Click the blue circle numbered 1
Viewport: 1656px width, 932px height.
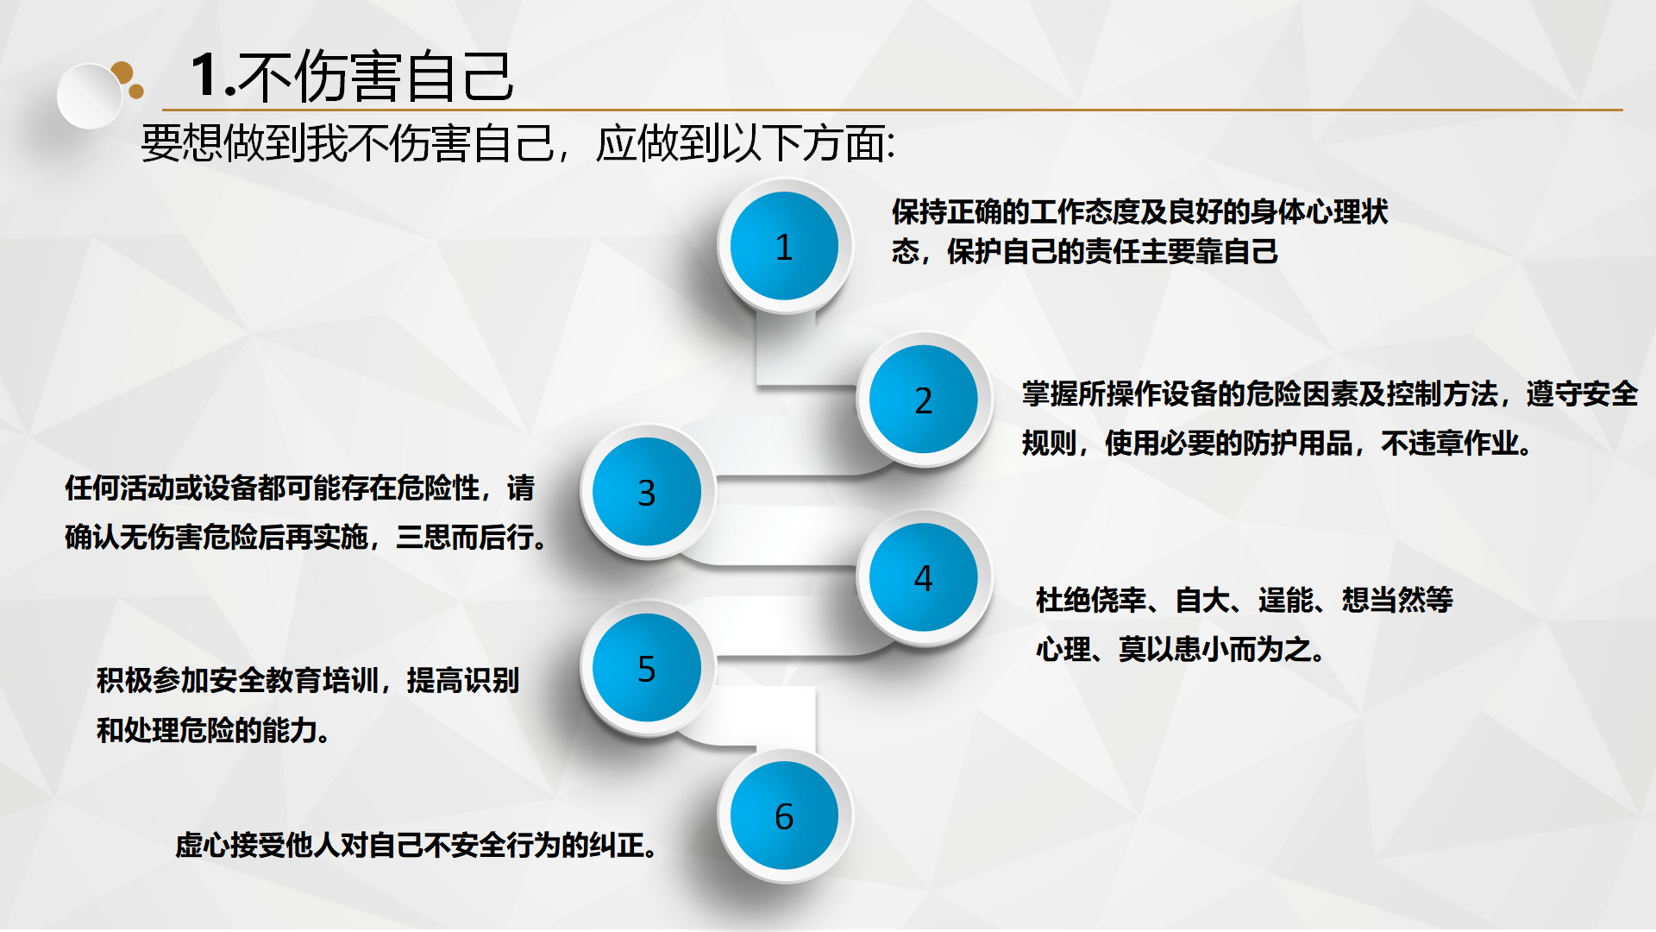tap(784, 246)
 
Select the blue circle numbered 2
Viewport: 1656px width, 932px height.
tap(923, 400)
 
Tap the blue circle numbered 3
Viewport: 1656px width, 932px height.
tap(647, 492)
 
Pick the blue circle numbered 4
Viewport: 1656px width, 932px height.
tap(923, 577)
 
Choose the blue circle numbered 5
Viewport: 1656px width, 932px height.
tap(647, 668)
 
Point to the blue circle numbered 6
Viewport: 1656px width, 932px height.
tap(784, 815)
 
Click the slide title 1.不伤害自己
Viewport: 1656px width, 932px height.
tap(352, 76)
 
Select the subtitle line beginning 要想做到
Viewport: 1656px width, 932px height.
tap(517, 143)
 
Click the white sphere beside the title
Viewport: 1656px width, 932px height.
tap(90, 96)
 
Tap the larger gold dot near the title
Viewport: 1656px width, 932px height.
tap(122, 72)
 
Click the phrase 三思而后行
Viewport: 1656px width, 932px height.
tap(471, 538)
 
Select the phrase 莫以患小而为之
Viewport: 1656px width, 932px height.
tap(1221, 649)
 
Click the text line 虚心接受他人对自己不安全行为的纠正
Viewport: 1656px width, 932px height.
tap(417, 845)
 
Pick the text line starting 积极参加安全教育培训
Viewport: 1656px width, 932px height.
tap(308, 681)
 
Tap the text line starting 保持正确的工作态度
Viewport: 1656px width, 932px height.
tap(1139, 211)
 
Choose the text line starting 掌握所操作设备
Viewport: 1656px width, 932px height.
tap(1330, 394)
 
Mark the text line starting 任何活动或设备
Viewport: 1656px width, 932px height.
tap(299, 488)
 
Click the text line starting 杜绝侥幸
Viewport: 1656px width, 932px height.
tap(1245, 600)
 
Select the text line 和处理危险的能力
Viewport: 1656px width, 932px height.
tap(213, 731)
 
